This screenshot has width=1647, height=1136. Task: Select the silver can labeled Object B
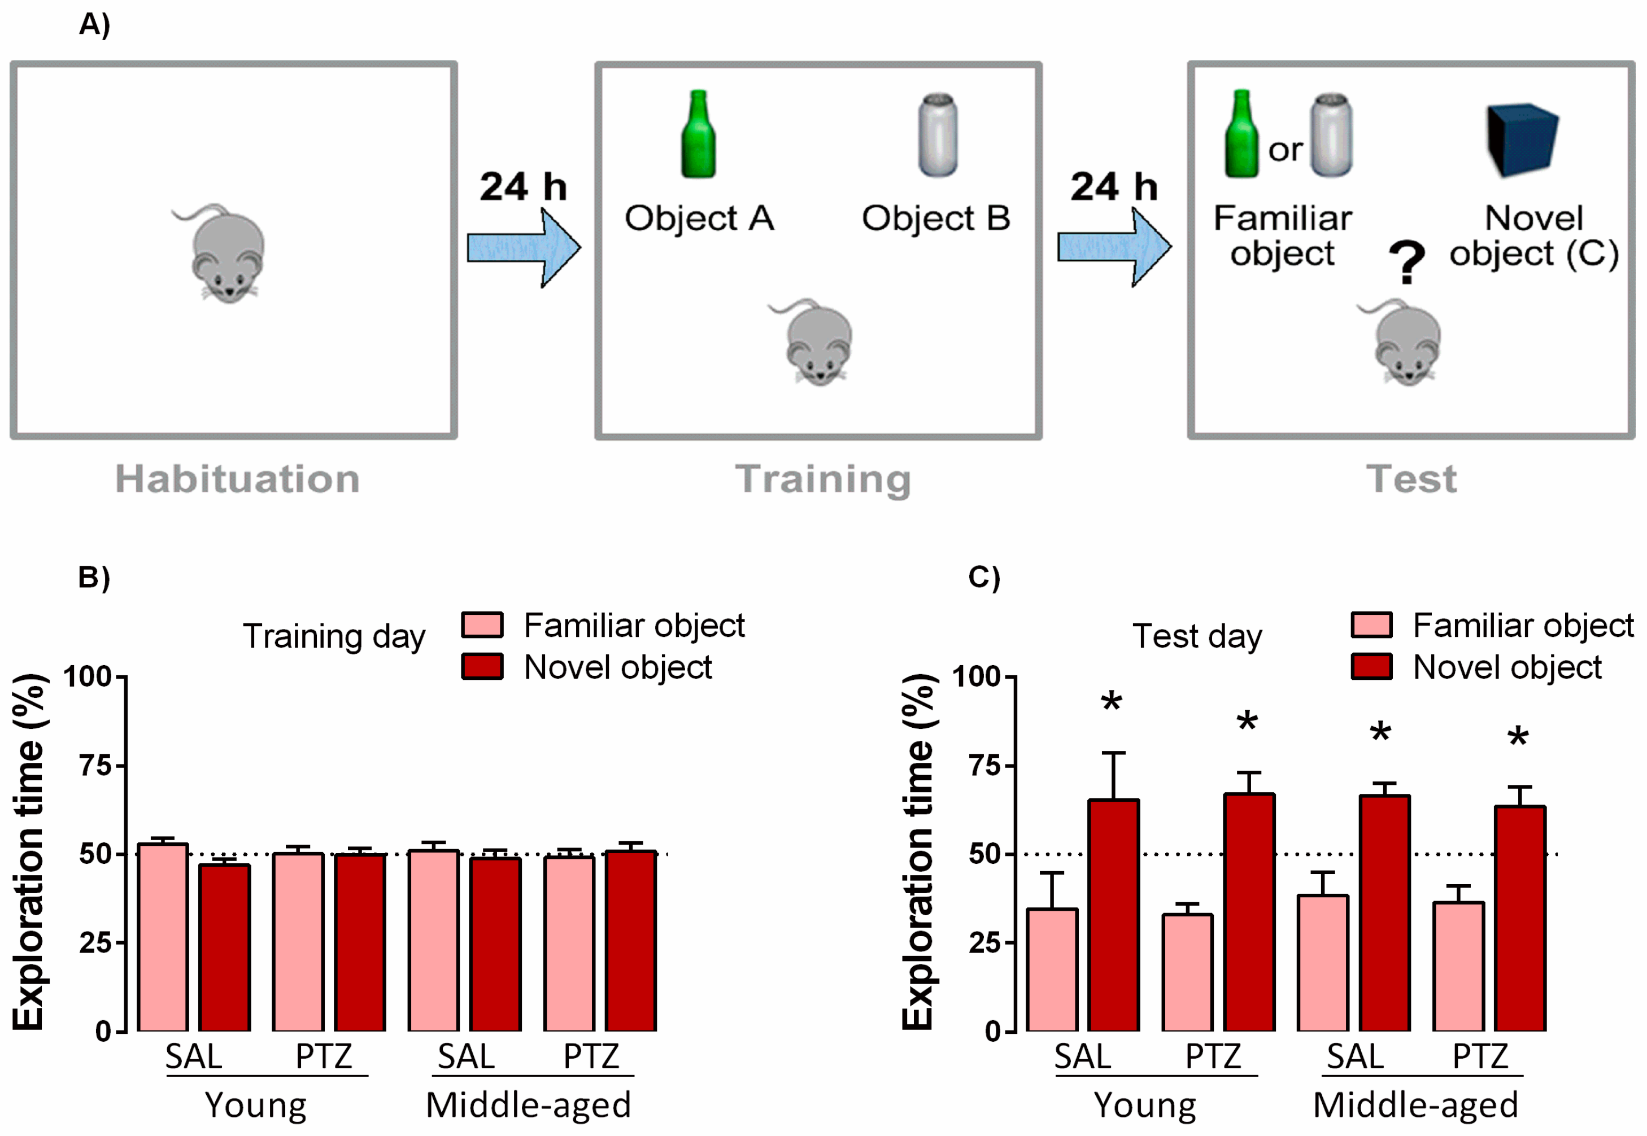pos(938,136)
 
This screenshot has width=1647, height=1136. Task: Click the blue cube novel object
pos(1522,139)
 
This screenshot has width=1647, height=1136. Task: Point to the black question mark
pos(1406,262)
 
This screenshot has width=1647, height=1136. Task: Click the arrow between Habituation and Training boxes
pos(524,248)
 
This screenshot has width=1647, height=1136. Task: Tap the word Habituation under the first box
pos(237,478)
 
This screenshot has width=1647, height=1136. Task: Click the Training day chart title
pos(334,636)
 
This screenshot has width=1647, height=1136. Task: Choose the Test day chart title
pos(1197,636)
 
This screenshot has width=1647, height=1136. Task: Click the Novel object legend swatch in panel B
pos(482,667)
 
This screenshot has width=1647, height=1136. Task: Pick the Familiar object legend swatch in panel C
pos(1371,625)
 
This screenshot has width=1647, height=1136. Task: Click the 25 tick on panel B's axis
pos(95,943)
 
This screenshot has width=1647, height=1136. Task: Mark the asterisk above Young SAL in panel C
pos(1111,702)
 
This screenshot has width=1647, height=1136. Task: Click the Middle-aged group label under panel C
pos(1415,1106)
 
